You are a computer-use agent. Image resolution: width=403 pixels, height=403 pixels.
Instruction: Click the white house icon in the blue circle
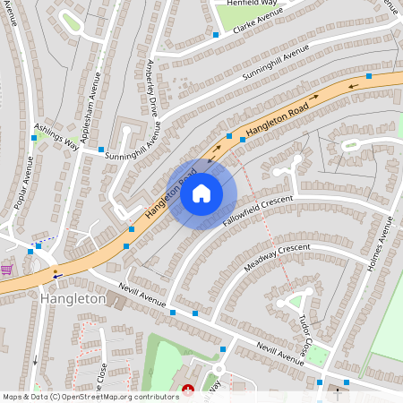pyautogui.click(x=201, y=193)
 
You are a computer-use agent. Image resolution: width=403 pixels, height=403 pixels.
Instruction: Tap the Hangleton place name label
pyautogui.click(x=73, y=298)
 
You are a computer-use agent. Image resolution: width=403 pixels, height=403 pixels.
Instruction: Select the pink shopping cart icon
pyautogui.click(x=7, y=269)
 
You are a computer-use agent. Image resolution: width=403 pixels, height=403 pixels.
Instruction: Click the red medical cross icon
pyautogui.click(x=188, y=390)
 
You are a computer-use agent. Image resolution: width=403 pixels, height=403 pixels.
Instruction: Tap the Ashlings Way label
pyautogui.click(x=56, y=137)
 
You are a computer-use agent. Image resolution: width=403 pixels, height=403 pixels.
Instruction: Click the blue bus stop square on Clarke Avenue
pyautogui.click(x=216, y=35)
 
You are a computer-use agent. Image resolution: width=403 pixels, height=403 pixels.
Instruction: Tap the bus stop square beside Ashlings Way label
pyautogui.click(x=34, y=139)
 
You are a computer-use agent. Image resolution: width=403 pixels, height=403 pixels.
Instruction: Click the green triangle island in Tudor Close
pyautogui.click(x=296, y=301)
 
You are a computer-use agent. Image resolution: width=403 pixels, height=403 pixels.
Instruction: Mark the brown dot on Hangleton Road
pyautogui.click(x=56, y=270)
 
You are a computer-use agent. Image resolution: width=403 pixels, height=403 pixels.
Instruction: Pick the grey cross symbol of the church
pyautogui.click(x=338, y=390)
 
